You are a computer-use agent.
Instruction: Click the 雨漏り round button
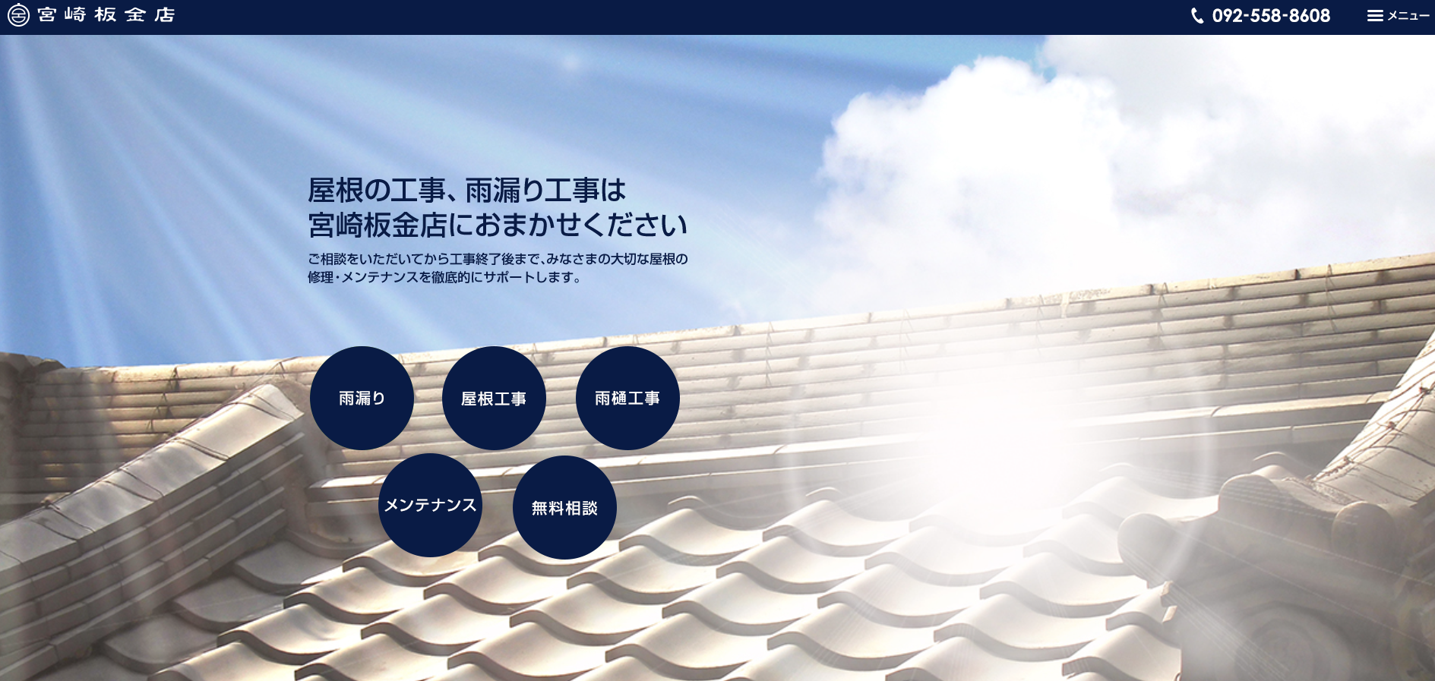(x=362, y=399)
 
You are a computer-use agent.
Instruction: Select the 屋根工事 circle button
(x=494, y=399)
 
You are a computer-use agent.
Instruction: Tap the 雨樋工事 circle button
(x=627, y=399)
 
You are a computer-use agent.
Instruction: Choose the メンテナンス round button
(x=430, y=506)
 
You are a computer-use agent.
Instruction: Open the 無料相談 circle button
(x=564, y=508)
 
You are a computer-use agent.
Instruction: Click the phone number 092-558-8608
(x=1271, y=16)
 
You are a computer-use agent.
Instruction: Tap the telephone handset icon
(x=1197, y=16)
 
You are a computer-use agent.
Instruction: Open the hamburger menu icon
(x=1375, y=16)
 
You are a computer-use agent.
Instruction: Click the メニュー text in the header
(x=1408, y=16)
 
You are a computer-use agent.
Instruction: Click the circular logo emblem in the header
(x=18, y=15)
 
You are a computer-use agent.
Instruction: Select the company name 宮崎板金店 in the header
(x=106, y=15)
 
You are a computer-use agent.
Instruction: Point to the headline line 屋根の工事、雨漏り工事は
(x=467, y=191)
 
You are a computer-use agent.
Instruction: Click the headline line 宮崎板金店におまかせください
(x=498, y=225)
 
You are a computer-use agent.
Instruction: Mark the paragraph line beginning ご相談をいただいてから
(x=498, y=259)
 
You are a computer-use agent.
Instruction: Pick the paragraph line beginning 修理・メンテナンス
(x=445, y=278)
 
